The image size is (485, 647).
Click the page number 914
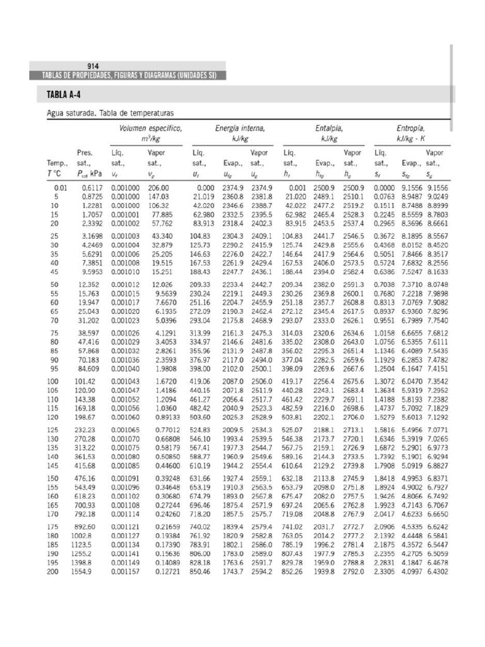[x=92, y=66]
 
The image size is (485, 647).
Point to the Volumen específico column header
[x=151, y=128]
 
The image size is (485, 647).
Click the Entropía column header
[x=410, y=128]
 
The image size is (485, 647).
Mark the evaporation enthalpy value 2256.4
[x=326, y=382]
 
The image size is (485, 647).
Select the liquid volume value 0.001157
[x=124, y=572]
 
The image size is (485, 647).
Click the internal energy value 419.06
[x=203, y=382]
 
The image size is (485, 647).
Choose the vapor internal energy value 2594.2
[x=261, y=572]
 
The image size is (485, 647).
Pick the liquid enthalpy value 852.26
[x=294, y=572]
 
